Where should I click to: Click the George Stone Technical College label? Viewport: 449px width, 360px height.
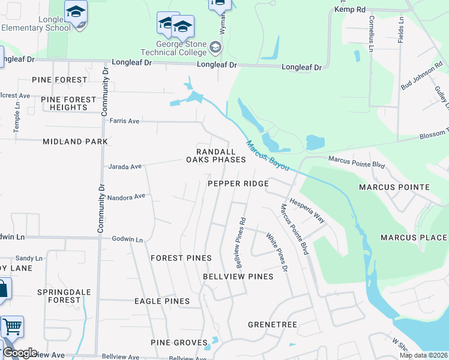click(x=181, y=49)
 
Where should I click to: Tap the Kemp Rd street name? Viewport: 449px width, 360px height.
click(x=349, y=10)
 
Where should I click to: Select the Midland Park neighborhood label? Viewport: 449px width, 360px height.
click(x=75, y=142)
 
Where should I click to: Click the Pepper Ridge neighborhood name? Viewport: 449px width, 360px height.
click(x=238, y=184)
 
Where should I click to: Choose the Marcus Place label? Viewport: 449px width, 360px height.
click(x=414, y=238)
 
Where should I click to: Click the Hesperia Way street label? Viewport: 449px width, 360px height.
click(x=307, y=211)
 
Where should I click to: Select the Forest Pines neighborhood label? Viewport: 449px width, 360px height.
click(x=181, y=258)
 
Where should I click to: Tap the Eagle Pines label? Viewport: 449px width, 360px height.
click(x=162, y=301)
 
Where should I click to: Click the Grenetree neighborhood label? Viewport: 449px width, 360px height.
click(x=273, y=325)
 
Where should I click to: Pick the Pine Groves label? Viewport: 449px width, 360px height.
click(x=179, y=343)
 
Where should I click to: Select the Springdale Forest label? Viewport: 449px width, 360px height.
click(x=59, y=296)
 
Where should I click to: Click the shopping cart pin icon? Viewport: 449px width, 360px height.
click(x=12, y=327)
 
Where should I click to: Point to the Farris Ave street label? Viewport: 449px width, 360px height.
click(x=124, y=121)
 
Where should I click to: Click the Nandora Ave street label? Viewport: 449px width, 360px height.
click(x=127, y=196)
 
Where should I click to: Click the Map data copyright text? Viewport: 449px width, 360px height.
click(x=423, y=355)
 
